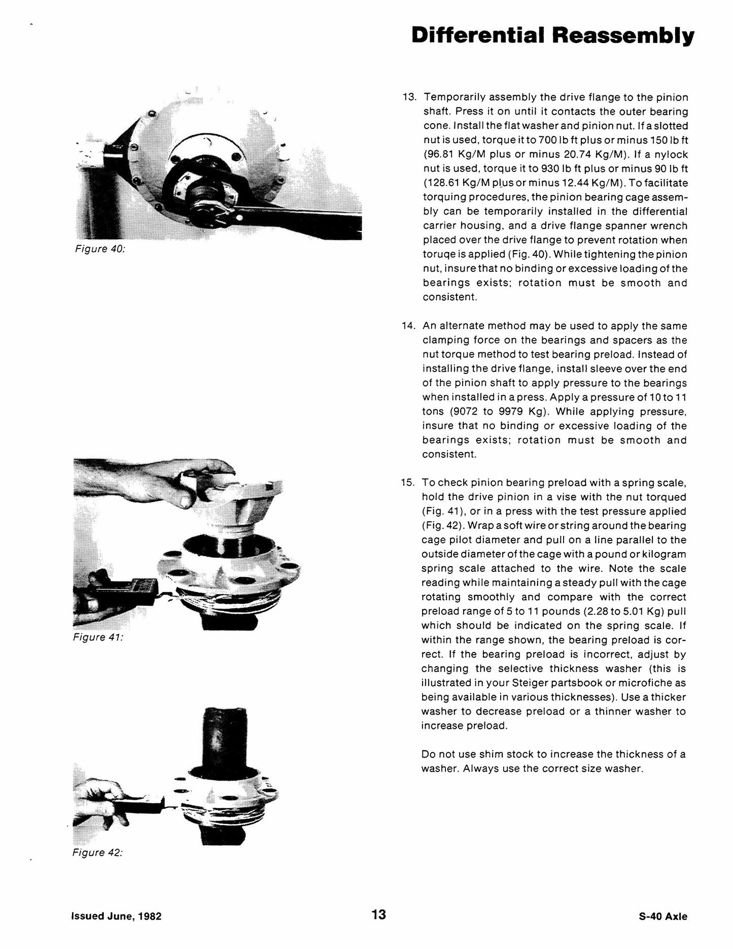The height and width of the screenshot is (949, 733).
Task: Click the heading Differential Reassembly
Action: [552, 37]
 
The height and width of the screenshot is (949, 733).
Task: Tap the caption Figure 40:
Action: [99, 250]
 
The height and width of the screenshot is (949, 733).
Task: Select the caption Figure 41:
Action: [98, 637]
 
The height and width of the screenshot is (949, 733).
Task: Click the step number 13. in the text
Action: [409, 97]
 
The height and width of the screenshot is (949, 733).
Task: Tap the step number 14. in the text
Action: [409, 326]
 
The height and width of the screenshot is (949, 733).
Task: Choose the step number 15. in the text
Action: [408, 483]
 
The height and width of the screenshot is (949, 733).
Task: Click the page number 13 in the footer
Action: [378, 914]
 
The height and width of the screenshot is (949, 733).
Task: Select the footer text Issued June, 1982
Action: [116, 917]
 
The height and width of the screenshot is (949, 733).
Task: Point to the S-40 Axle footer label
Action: [664, 917]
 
